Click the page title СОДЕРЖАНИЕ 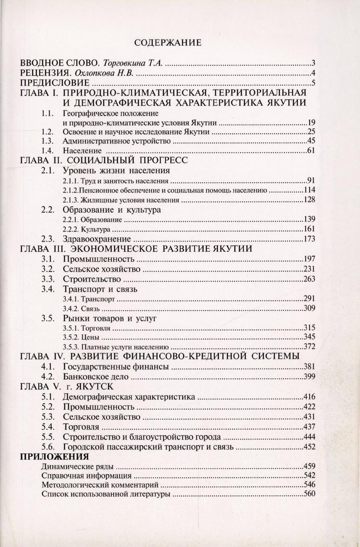click(167, 43)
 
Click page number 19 click(311, 122)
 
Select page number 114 click(309, 190)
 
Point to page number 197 click(309, 259)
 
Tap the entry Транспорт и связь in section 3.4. click(100, 289)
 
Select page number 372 click(309, 346)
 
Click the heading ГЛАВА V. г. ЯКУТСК click(67, 387)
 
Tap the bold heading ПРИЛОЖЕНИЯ click(54, 457)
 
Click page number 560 click(309, 494)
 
